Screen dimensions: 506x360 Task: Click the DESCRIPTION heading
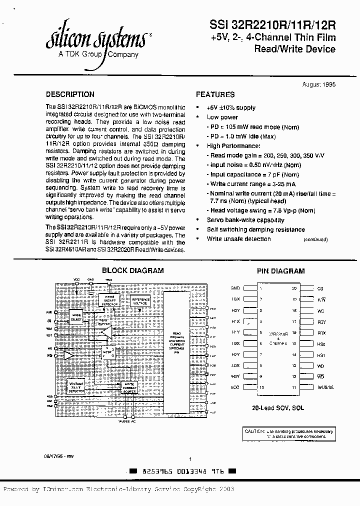click(x=70, y=94)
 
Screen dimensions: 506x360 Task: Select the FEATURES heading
click(x=215, y=94)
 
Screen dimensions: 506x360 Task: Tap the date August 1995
click(x=319, y=84)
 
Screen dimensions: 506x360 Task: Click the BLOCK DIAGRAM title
click(x=132, y=270)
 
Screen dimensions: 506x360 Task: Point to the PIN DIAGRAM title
click(x=280, y=271)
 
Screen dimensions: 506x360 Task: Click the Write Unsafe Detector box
click(x=109, y=300)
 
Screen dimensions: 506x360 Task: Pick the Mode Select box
click(x=76, y=317)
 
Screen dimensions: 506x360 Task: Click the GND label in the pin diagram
click(x=235, y=288)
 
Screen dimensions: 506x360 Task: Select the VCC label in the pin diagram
click(x=235, y=387)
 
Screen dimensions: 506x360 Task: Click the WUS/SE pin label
click(x=325, y=387)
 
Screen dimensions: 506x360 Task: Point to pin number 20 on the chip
click(x=294, y=288)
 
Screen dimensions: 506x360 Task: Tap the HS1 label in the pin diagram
click(x=321, y=354)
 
